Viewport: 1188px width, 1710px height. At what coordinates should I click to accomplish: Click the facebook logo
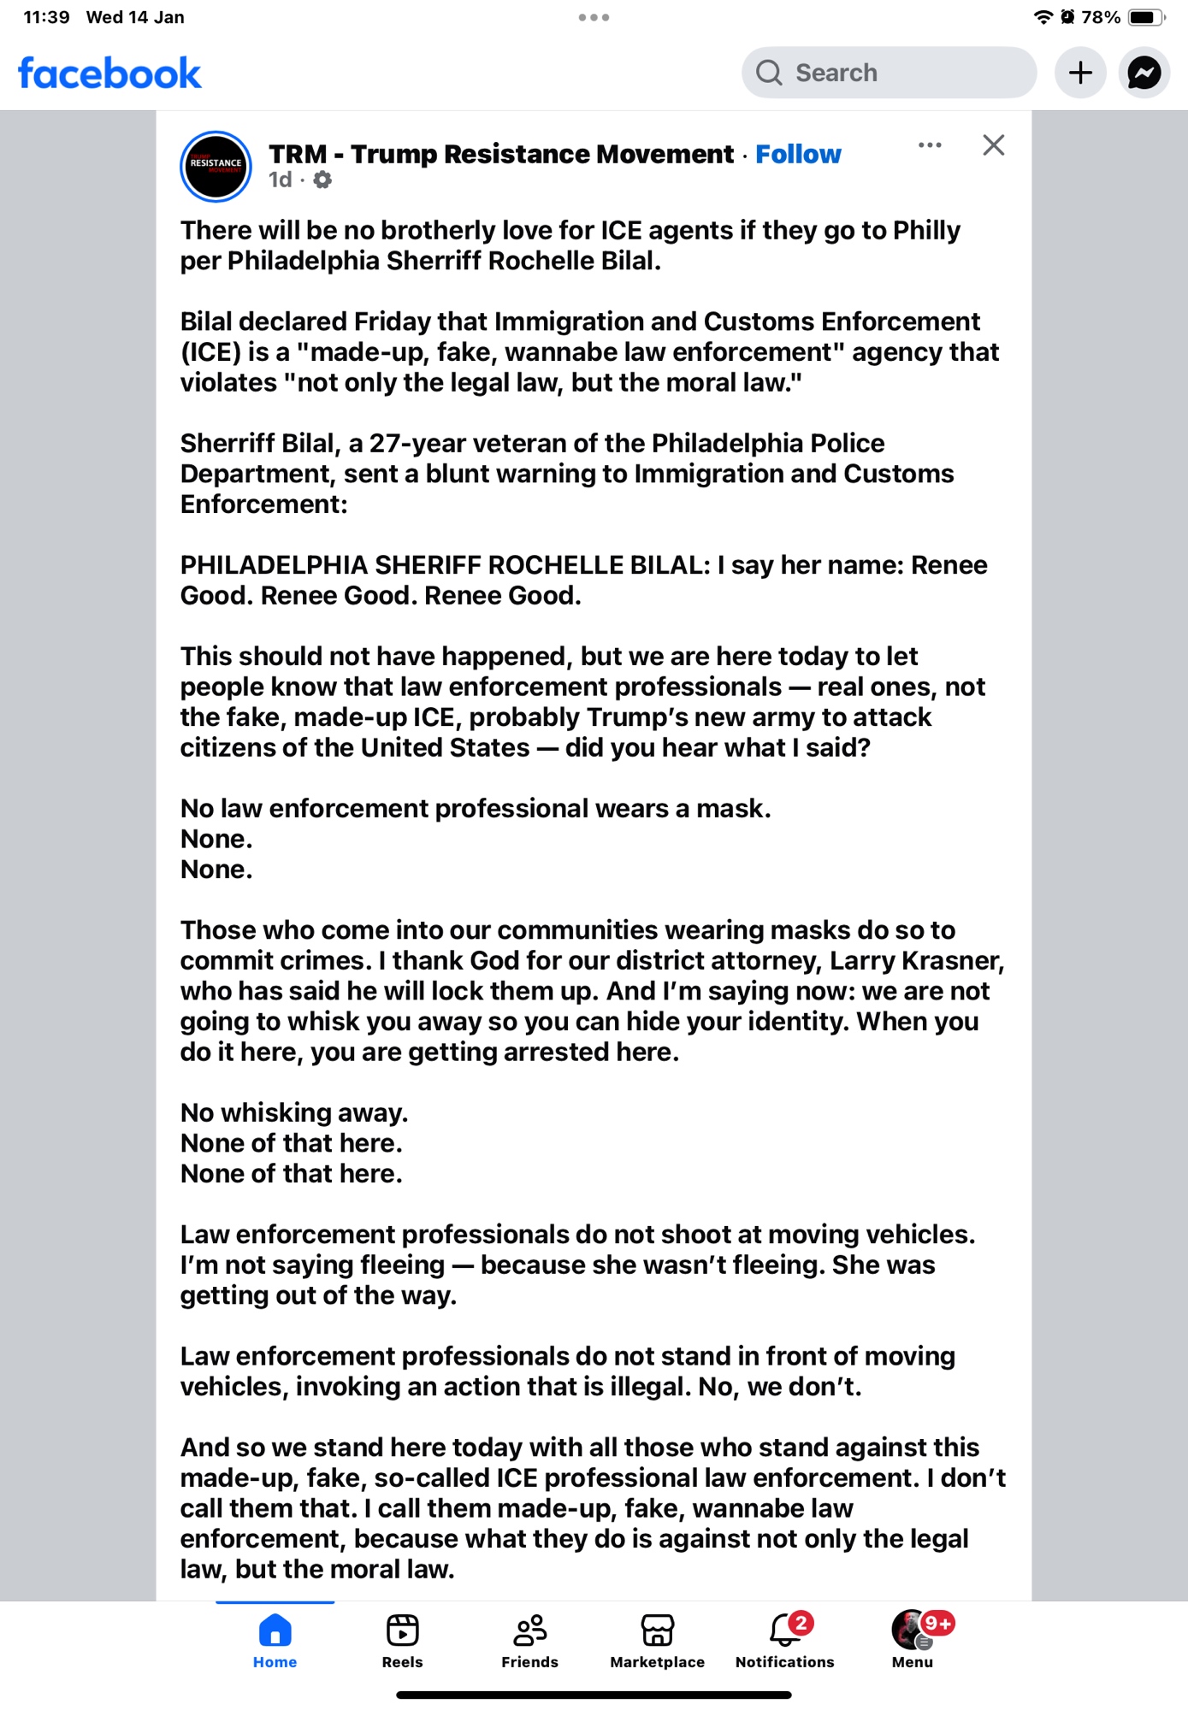click(x=109, y=74)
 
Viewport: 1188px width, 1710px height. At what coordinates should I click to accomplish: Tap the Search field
click(x=889, y=73)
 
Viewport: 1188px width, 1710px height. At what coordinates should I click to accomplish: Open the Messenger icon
click(x=1144, y=73)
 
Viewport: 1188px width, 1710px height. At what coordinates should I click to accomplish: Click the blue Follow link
click(x=798, y=154)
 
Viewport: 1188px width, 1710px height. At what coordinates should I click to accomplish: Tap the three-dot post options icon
click(x=930, y=145)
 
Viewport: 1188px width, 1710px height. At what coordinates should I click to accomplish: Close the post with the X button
click(x=993, y=145)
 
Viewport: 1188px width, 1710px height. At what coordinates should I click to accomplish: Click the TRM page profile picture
click(x=216, y=166)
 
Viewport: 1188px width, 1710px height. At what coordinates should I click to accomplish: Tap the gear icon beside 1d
click(x=322, y=180)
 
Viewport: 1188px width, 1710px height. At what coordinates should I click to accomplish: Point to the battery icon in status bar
click(x=1145, y=17)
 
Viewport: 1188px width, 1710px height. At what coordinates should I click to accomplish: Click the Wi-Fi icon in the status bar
click(x=1043, y=17)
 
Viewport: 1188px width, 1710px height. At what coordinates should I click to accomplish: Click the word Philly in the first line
click(x=926, y=231)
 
